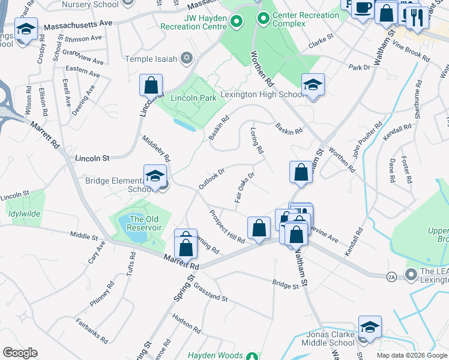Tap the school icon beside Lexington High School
pos(312,85)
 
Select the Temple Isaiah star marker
pos(187,58)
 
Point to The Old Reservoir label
pos(145,223)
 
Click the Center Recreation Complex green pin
pos(262,19)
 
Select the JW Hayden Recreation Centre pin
pos(237,22)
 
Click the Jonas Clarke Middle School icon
pos(370,328)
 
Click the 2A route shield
pos(392,277)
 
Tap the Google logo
pos(20,353)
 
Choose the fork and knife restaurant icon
pos(414,18)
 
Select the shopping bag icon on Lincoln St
pos(151,85)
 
